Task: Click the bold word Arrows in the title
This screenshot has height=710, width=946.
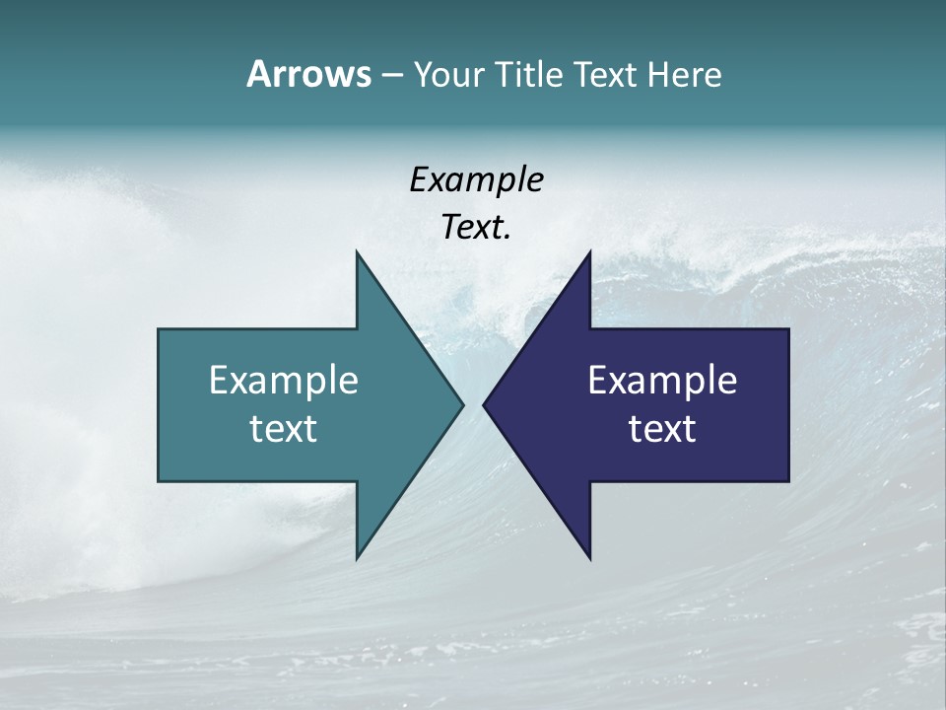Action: tap(308, 74)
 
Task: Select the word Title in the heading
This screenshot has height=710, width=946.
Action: tap(529, 75)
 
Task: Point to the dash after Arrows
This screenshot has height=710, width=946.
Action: tap(391, 75)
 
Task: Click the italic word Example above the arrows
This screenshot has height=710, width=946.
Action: tap(476, 179)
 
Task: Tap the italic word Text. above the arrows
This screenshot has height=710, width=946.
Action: tap(476, 227)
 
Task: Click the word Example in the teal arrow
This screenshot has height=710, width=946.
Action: tap(284, 380)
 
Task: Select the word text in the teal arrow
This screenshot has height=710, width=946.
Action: tap(284, 428)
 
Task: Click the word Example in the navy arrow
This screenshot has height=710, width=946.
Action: tap(662, 380)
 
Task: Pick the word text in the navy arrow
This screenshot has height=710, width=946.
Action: tap(662, 428)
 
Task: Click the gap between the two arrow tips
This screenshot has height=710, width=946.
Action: tap(473, 404)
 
